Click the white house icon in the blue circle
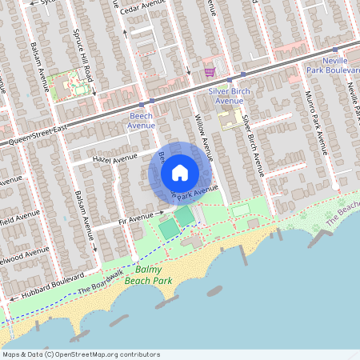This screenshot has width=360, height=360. click(x=180, y=172)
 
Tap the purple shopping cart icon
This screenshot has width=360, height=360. click(x=210, y=72)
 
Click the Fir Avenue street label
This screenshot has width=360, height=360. click(x=134, y=217)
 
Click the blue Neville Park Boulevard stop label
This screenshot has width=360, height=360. click(x=334, y=66)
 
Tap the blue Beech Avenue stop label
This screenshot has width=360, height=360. click(x=141, y=121)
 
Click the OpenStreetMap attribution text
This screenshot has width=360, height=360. click(x=80, y=354)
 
